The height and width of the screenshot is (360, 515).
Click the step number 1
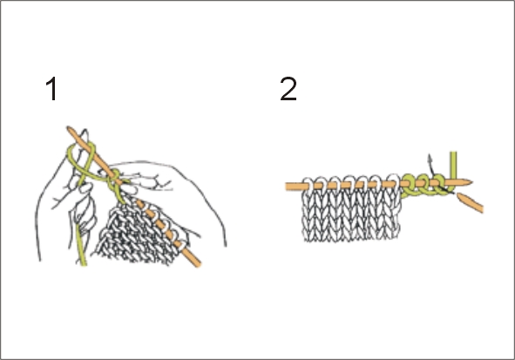(51, 89)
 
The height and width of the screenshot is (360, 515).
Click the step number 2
(288, 89)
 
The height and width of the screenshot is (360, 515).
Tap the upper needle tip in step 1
(68, 128)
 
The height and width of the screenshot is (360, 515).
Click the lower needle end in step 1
(198, 264)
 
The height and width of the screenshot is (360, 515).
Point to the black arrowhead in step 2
(430, 157)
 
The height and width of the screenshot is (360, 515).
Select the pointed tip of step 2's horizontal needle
(471, 181)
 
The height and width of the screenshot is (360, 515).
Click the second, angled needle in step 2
(471, 203)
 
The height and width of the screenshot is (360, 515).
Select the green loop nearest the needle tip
(438, 185)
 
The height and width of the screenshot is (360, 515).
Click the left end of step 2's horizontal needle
(287, 187)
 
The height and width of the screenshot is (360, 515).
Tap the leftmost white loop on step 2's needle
(308, 185)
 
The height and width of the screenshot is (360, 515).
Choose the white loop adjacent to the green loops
(394, 183)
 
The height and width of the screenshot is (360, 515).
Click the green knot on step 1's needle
(115, 179)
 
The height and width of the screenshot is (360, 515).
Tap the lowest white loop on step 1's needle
(180, 246)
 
